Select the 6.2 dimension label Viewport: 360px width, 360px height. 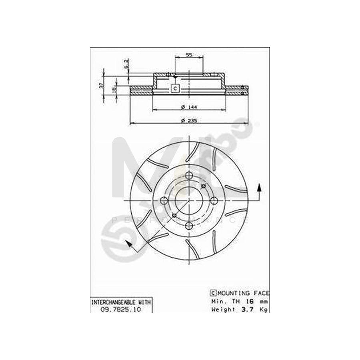pos(125,64)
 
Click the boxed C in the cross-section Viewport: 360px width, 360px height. pos(175,88)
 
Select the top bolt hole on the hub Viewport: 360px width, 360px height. pos(189,176)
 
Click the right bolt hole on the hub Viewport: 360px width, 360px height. pos(214,200)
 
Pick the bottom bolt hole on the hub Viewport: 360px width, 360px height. pos(189,226)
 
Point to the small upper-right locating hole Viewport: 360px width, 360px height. pos(204,186)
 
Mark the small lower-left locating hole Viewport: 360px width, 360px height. pos(174,216)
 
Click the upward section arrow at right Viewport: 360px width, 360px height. pos(260,188)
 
